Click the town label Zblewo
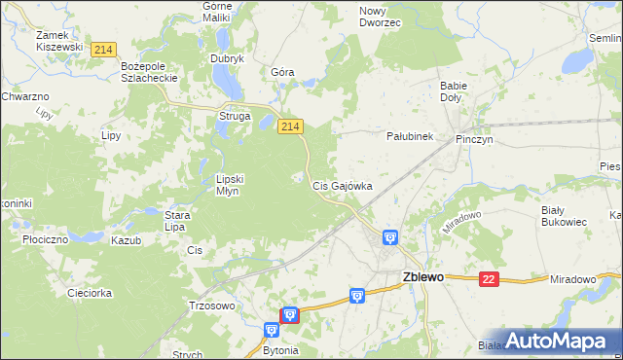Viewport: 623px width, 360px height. point(422,276)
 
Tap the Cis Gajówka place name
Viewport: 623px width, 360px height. point(342,185)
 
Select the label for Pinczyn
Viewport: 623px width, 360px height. point(474,140)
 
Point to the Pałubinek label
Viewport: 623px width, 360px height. point(410,137)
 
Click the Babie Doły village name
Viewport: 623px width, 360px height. point(454,92)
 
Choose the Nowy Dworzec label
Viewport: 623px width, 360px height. point(380,17)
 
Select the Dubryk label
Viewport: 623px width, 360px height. point(227,58)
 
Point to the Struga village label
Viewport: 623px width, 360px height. point(235,117)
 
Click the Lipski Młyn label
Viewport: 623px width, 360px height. point(235,185)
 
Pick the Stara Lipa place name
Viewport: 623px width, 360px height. point(175,221)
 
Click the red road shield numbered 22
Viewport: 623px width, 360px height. point(489,279)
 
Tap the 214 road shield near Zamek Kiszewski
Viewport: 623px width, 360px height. point(102,49)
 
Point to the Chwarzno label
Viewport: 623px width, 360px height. point(24,97)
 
